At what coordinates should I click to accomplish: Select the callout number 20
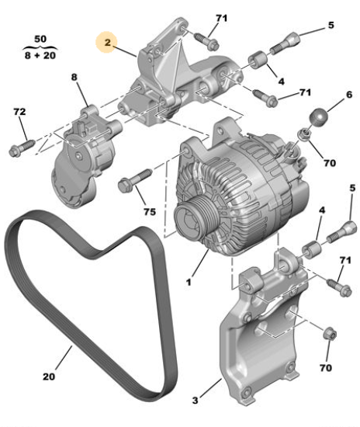click(x=48, y=377)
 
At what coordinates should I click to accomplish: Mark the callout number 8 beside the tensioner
click(x=75, y=78)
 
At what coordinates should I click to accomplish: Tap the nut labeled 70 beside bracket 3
click(x=329, y=332)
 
